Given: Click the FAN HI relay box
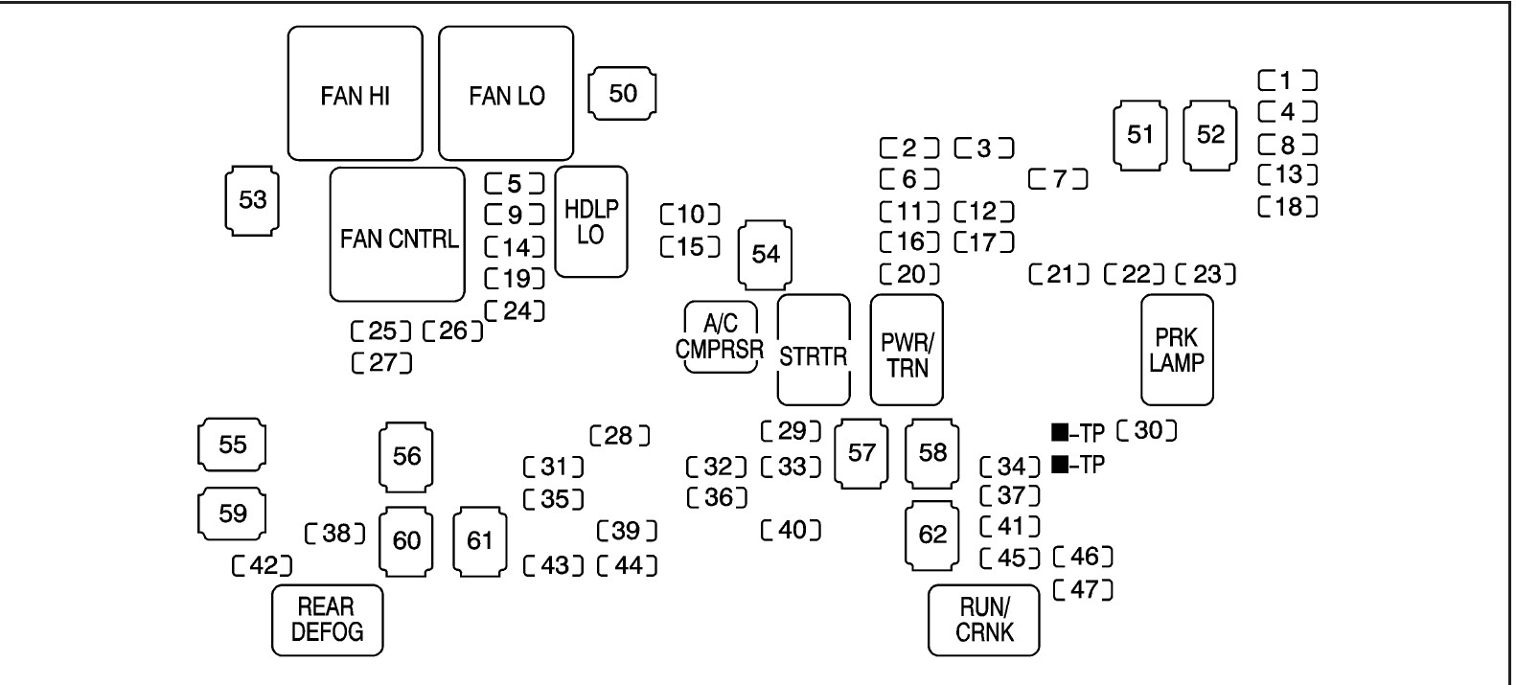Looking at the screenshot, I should tap(355, 94).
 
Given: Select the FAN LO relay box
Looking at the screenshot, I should tap(506, 94).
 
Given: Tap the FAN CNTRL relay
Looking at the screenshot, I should tap(398, 236).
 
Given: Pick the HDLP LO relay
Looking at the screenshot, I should tap(591, 222).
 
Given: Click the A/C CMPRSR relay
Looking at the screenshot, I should tap(720, 337).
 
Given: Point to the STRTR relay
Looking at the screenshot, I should tap(813, 351).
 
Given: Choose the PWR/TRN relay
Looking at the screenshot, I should tap(906, 351).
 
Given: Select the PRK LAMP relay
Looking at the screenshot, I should tap(1177, 351).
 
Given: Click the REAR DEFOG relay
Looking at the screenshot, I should tap(328, 620).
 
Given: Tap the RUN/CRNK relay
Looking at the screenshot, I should tap(983, 620).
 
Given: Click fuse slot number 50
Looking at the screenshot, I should tap(623, 94).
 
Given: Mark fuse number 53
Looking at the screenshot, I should tap(252, 201).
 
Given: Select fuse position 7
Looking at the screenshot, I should tap(1059, 179).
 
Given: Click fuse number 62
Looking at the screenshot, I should tap(932, 535).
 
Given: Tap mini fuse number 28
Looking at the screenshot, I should tap(620, 437).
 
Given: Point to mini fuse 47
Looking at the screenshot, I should tap(1083, 589).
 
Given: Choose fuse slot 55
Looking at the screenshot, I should tap(232, 445).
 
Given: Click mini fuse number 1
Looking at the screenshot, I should tap(1287, 80).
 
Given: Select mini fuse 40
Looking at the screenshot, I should tap(791, 530).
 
